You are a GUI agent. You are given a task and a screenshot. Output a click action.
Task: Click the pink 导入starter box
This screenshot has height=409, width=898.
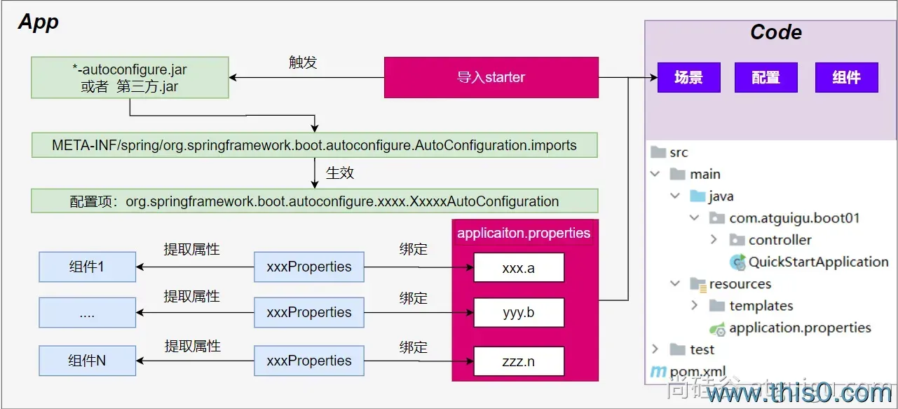(x=491, y=77)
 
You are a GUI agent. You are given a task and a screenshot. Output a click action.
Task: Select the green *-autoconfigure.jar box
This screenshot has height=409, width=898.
(x=130, y=78)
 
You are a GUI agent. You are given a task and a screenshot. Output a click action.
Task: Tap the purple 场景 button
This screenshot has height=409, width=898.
(x=688, y=77)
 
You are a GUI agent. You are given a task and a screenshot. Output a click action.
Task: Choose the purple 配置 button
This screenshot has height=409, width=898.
(x=766, y=77)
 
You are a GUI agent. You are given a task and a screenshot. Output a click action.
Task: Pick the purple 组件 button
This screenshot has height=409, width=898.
(x=846, y=77)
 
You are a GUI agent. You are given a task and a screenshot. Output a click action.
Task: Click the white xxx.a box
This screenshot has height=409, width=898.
(x=519, y=267)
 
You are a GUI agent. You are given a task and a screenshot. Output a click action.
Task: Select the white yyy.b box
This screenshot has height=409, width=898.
(x=519, y=312)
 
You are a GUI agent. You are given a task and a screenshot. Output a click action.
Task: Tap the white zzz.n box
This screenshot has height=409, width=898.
(x=519, y=361)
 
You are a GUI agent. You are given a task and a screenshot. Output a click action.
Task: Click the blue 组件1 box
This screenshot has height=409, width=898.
(x=87, y=267)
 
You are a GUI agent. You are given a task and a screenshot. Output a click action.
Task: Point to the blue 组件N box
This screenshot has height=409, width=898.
(x=87, y=361)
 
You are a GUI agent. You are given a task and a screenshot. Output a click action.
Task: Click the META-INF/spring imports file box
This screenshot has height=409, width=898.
(x=314, y=145)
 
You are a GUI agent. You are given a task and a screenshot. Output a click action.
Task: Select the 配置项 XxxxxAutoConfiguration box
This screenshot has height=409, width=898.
(x=314, y=201)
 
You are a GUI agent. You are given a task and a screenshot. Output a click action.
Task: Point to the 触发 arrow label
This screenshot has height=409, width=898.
(x=303, y=62)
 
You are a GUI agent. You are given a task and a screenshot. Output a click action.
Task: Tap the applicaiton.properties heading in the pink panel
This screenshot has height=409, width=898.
(x=524, y=233)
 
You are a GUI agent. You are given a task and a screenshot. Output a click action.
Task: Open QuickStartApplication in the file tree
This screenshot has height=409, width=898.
(x=817, y=262)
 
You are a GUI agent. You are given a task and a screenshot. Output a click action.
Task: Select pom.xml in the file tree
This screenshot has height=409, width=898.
(x=698, y=372)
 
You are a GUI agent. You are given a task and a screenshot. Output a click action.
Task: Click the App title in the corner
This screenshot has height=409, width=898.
(x=39, y=22)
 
